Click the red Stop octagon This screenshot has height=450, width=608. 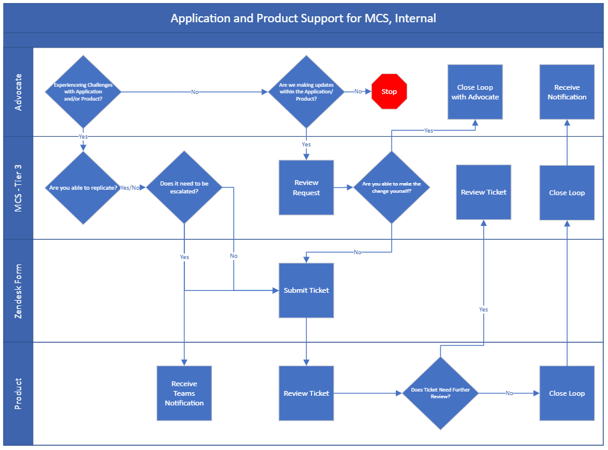389,92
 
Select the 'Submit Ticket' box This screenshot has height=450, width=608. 306,290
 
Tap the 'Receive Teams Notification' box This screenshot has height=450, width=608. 184,393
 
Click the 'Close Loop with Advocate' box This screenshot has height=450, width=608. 475,92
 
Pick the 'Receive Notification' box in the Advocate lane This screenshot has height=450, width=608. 567,92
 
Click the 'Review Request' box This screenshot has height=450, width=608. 306,187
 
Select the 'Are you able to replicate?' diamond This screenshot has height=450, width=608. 83,187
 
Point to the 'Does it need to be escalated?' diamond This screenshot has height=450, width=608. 184,187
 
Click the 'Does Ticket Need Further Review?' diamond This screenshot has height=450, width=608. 440,393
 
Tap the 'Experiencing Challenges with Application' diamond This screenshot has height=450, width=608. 83,92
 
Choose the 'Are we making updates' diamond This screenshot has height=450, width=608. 306,92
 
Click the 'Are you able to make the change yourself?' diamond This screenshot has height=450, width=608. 392,187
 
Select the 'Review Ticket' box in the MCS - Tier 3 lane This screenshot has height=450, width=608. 483,192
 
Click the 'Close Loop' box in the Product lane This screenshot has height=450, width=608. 567,393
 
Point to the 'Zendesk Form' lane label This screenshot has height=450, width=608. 18,291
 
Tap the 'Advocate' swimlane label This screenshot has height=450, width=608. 18,92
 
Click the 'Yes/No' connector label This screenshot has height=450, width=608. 130,187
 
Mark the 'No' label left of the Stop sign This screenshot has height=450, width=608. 358,92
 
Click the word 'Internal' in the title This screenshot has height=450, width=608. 415,18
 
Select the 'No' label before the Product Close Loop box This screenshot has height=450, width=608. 509,393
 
